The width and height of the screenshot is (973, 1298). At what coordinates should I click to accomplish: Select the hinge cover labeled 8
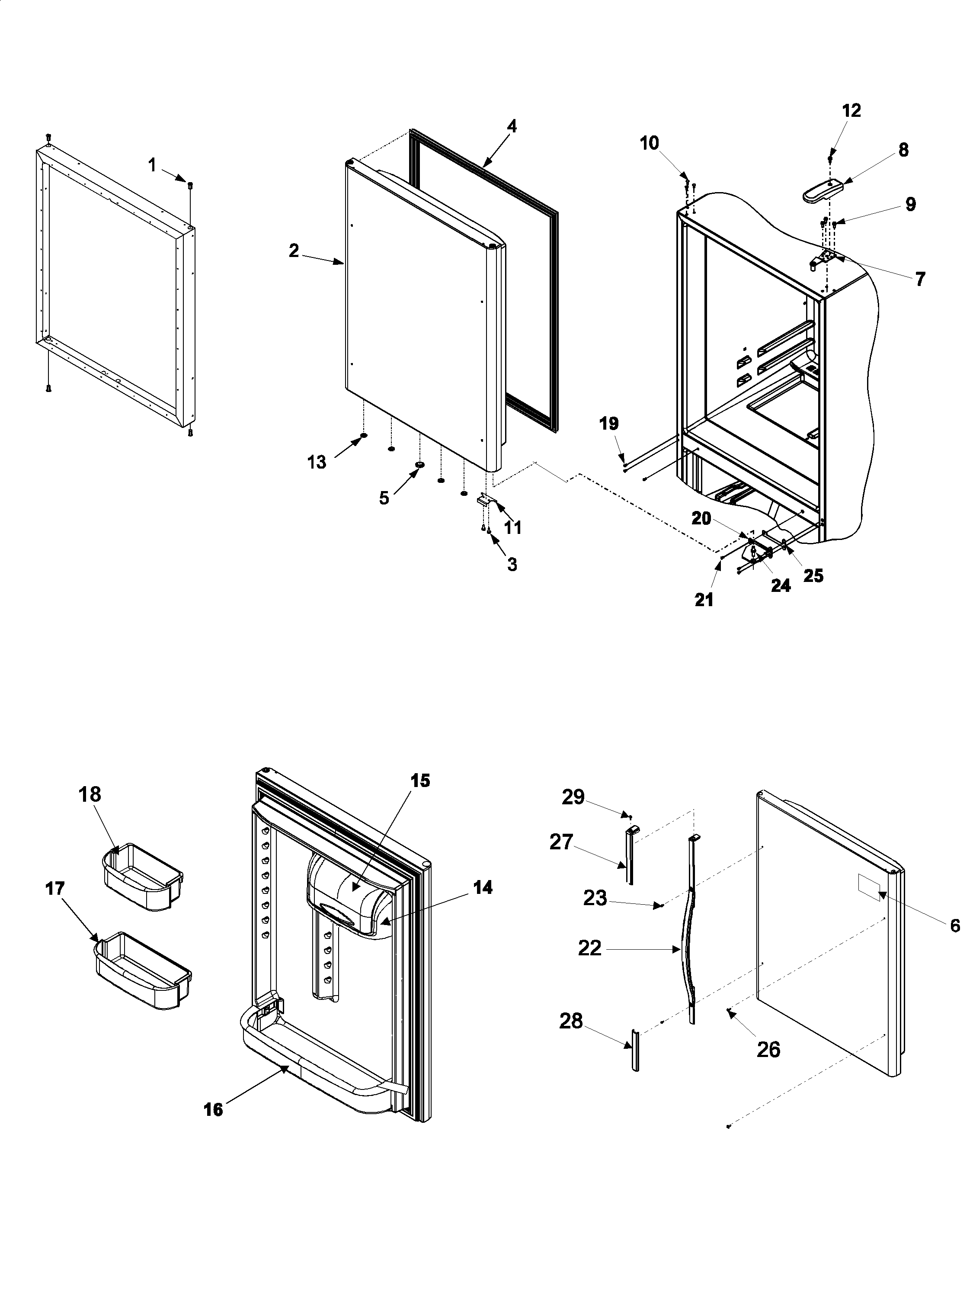[x=823, y=191]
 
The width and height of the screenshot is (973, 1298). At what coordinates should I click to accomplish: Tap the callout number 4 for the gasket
[x=512, y=126]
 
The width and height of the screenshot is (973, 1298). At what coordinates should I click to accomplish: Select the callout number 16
[x=214, y=1110]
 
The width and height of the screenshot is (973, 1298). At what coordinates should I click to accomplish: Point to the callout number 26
[x=768, y=1049]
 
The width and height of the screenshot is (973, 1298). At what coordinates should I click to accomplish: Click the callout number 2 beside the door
[x=294, y=251]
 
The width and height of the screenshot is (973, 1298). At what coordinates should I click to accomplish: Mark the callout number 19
[x=609, y=423]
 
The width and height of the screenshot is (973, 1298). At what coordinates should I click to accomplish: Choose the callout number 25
[x=813, y=575]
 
